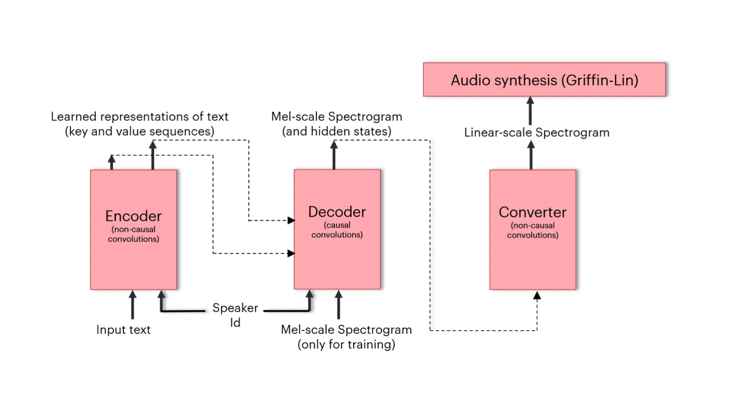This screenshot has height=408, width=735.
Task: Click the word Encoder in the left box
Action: pyautogui.click(x=133, y=216)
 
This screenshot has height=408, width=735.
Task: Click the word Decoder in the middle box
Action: pyautogui.click(x=337, y=212)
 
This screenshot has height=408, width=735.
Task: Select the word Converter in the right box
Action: pyautogui.click(x=532, y=212)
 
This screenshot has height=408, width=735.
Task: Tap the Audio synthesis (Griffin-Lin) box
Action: pyautogui.click(x=544, y=80)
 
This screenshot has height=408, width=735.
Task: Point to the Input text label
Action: pyautogui.click(x=123, y=329)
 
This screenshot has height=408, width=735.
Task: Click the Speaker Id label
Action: pyautogui.click(x=235, y=314)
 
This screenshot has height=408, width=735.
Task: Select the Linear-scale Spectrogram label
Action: pyautogui.click(x=537, y=133)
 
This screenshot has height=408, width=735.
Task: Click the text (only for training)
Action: pyautogui.click(x=346, y=344)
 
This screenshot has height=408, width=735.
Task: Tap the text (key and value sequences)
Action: pyautogui.click(x=139, y=131)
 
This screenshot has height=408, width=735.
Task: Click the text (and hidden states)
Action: pyautogui.click(x=336, y=131)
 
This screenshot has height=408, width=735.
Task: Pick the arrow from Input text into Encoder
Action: pyautogui.click(x=133, y=305)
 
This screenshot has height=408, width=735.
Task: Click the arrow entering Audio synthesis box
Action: pyautogui.click(x=530, y=110)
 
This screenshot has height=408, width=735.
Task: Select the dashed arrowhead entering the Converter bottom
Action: pyautogui.click(x=537, y=296)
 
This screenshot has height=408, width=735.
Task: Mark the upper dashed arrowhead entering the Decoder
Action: pyautogui.click(x=291, y=220)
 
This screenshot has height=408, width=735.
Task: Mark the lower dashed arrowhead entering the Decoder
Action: pyautogui.click(x=291, y=253)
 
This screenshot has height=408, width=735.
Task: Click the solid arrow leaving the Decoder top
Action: pyautogui.click(x=334, y=155)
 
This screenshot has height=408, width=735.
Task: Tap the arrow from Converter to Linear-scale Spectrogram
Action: pyautogui.click(x=531, y=155)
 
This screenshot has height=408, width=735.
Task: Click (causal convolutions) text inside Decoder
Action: pyautogui.click(x=337, y=230)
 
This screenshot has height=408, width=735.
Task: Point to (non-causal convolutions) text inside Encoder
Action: pyautogui.click(x=133, y=234)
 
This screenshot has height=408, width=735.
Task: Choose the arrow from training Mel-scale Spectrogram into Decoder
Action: pyautogui.click(x=338, y=305)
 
